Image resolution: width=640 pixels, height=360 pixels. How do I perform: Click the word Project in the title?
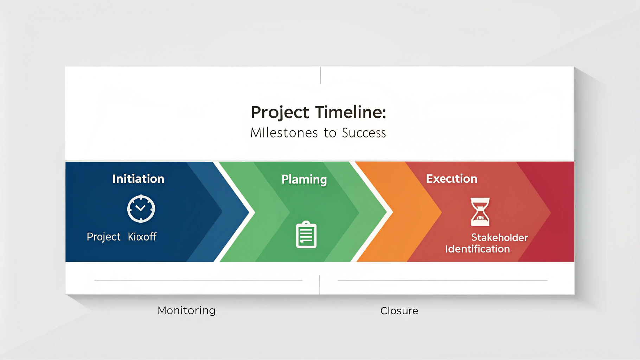pyautogui.click(x=280, y=112)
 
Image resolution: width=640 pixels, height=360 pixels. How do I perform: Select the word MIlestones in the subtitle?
pyautogui.click(x=284, y=133)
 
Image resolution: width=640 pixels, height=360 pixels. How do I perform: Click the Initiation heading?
pyautogui.click(x=138, y=179)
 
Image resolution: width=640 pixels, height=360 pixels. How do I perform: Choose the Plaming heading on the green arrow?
pyautogui.click(x=304, y=179)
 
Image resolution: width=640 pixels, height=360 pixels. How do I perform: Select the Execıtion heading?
pyautogui.click(x=452, y=179)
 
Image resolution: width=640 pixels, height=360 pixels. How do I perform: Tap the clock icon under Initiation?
pyautogui.click(x=141, y=209)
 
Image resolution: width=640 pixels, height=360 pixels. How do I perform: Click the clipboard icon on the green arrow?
pyautogui.click(x=306, y=235)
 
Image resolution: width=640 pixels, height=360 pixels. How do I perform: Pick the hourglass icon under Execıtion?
pyautogui.click(x=480, y=212)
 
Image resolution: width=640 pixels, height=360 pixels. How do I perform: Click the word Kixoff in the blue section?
pyautogui.click(x=142, y=237)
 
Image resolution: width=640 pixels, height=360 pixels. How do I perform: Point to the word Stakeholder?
pyautogui.click(x=499, y=238)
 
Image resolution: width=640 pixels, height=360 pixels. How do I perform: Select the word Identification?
pyautogui.click(x=477, y=249)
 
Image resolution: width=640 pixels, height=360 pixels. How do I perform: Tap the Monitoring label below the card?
pyautogui.click(x=186, y=310)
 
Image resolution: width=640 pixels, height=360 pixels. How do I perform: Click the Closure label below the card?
pyautogui.click(x=399, y=311)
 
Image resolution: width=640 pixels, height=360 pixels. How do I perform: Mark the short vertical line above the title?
pyautogui.click(x=320, y=75)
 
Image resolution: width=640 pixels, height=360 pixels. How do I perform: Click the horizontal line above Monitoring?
pyautogui.click(x=199, y=281)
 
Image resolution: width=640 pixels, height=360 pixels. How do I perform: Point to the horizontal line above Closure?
pyautogui.click(x=442, y=281)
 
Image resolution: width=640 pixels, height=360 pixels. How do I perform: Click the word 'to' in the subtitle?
pyautogui.click(x=330, y=133)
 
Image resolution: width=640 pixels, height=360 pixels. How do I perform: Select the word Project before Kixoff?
pyautogui.click(x=103, y=237)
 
